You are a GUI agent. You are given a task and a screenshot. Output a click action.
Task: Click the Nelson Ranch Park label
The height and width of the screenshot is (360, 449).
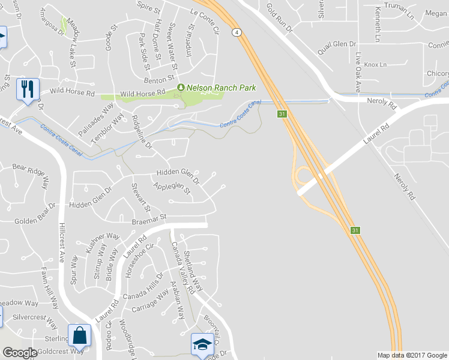221,88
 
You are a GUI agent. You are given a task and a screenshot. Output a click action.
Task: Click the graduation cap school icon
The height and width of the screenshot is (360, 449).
203,344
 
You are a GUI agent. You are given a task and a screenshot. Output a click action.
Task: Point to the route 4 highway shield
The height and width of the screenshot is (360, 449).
238,32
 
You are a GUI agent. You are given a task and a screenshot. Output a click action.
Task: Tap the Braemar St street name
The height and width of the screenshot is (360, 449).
148,221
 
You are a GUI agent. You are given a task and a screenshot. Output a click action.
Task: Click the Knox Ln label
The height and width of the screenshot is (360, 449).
376,64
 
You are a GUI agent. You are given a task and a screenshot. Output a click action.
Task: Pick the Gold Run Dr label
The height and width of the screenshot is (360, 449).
279,17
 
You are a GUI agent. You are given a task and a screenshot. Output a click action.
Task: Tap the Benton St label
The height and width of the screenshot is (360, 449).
158,79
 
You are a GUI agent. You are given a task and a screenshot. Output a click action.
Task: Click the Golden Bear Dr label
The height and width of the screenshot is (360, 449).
34,221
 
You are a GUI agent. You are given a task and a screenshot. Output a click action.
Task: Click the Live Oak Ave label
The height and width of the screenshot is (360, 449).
358,74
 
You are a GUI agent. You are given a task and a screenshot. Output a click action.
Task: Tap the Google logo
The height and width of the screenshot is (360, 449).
20,353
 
